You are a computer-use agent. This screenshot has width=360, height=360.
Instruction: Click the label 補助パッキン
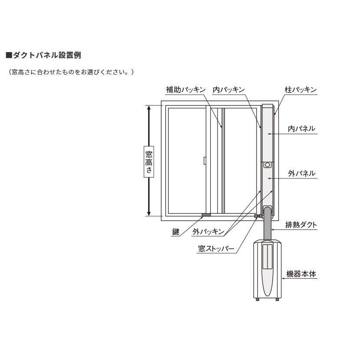[185, 90]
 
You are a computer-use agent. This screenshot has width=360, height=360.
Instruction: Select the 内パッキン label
[228, 90]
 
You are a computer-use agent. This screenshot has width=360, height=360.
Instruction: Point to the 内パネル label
[301, 129]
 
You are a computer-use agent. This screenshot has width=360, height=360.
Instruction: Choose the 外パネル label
[301, 173]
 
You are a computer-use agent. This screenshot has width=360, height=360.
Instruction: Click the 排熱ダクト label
[301, 225]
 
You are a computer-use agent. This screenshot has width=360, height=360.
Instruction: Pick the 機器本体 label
[301, 274]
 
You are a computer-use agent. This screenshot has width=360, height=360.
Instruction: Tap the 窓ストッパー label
[216, 249]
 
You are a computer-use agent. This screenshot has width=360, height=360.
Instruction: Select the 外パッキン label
[208, 232]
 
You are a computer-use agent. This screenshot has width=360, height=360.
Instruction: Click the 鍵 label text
[175, 232]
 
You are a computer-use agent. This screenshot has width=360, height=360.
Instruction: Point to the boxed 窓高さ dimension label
[149, 161]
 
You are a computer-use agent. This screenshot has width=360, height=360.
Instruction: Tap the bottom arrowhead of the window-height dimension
[149, 213]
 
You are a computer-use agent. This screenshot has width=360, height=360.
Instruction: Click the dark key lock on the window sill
[206, 215]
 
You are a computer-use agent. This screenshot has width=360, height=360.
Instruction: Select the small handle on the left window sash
[204, 161]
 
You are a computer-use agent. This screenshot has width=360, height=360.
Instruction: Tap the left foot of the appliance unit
[258, 299]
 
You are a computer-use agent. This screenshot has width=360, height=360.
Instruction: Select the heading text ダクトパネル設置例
[47, 56]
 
